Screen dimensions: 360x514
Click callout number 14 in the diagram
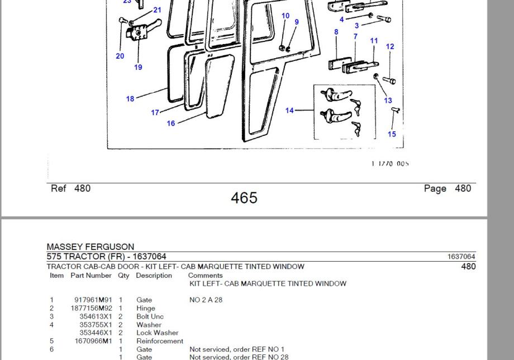[x=289, y=111]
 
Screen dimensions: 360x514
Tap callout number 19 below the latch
[x=138, y=68]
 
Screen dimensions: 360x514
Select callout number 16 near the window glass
[x=171, y=124]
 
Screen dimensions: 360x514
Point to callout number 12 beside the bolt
[x=390, y=47]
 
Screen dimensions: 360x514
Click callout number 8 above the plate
[x=336, y=32]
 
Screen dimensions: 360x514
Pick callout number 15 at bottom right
[x=392, y=134]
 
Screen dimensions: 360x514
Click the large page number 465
[x=244, y=198]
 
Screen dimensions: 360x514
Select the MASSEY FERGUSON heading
[x=91, y=247]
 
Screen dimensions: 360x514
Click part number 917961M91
[x=93, y=300]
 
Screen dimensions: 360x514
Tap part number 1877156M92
[x=92, y=309]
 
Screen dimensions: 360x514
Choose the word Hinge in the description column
[x=146, y=309]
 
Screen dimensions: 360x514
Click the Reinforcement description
[x=160, y=341]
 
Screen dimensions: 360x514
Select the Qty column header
[x=123, y=276]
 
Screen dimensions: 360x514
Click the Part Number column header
[x=91, y=276]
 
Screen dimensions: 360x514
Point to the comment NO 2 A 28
[x=206, y=300]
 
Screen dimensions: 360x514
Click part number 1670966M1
[x=93, y=341]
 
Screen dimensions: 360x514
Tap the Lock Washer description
[x=158, y=333]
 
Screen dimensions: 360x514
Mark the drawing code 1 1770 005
[x=390, y=164]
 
